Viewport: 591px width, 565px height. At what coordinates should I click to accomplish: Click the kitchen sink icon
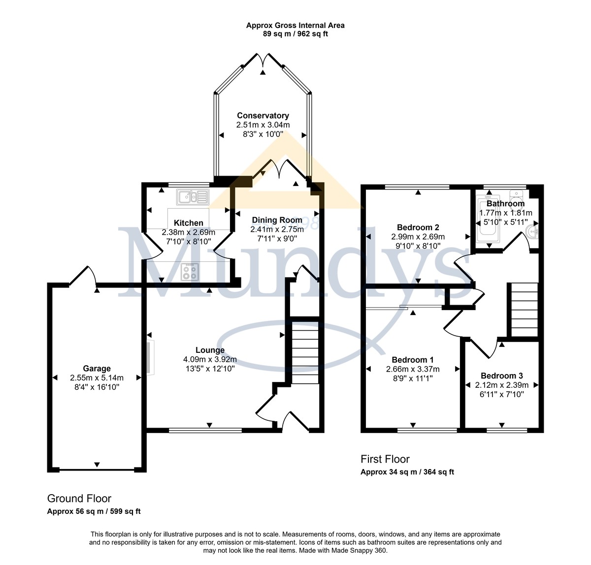[x=193, y=197]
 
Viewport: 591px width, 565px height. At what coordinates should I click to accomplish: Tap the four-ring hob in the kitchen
[x=190, y=272]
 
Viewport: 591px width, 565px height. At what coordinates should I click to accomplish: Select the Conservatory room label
[x=263, y=115]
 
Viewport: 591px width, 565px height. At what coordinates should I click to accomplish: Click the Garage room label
[x=97, y=368]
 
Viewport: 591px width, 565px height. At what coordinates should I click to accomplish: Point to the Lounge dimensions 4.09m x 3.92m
[x=210, y=360]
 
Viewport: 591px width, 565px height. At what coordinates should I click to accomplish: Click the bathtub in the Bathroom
[x=488, y=219]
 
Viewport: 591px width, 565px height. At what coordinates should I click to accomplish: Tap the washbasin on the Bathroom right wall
[x=531, y=232]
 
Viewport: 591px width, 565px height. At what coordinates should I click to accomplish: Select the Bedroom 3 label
[x=502, y=376]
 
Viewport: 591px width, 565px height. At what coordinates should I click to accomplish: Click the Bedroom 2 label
[x=418, y=227]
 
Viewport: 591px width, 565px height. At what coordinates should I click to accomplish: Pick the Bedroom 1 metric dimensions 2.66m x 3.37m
[x=413, y=369]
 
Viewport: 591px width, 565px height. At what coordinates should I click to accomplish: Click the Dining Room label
[x=277, y=220]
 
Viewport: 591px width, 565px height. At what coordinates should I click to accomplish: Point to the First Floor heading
[x=385, y=459]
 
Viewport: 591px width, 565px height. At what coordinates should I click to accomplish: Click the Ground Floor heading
[x=79, y=498]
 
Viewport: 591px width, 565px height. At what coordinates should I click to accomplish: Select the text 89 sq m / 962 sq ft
[x=295, y=33]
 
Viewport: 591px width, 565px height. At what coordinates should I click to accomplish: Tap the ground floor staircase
[x=305, y=353]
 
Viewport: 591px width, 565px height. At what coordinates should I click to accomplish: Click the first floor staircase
[x=525, y=310]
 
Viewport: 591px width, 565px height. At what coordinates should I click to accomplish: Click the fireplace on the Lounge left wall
[x=151, y=358]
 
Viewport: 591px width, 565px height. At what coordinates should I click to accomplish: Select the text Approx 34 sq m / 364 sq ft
[x=407, y=472]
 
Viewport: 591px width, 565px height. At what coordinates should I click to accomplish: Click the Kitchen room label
[x=188, y=223]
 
